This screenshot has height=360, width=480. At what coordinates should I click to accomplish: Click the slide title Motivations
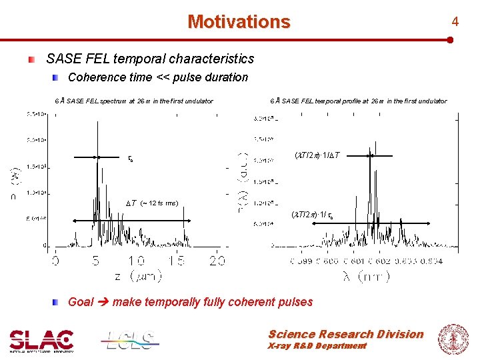[x=239, y=22]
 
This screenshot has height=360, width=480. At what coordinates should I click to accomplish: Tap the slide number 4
[x=455, y=22]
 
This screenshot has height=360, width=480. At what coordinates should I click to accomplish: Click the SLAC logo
[x=41, y=340]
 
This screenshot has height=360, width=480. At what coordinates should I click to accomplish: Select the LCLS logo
[x=130, y=340]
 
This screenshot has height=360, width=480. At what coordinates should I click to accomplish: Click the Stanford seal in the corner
[x=453, y=338]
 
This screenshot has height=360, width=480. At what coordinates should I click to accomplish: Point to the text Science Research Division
[x=345, y=334]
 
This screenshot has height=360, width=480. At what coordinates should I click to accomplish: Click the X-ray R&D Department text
[x=317, y=346]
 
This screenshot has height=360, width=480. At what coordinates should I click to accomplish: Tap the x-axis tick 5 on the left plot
[x=97, y=261]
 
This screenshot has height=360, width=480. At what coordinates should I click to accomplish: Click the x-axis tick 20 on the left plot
[x=217, y=261]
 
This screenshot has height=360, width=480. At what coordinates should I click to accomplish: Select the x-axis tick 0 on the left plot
[x=55, y=261]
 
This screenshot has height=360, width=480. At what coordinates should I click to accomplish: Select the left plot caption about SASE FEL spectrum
[x=134, y=101]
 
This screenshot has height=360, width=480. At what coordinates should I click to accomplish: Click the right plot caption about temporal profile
[x=358, y=101]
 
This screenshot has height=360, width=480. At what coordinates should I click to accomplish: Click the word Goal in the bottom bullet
[x=81, y=302]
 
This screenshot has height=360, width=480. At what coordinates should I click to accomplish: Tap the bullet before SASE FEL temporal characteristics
[x=31, y=60]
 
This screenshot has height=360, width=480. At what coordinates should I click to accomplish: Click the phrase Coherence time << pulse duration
[x=158, y=77]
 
